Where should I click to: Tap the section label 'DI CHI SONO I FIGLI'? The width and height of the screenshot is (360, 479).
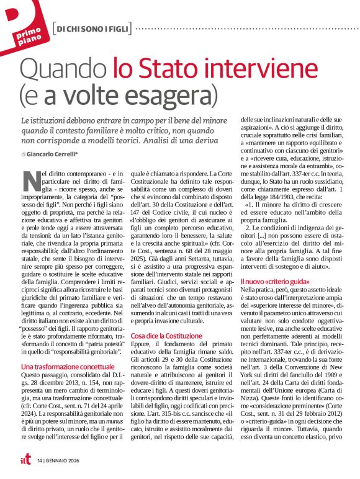click(x=91, y=28)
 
